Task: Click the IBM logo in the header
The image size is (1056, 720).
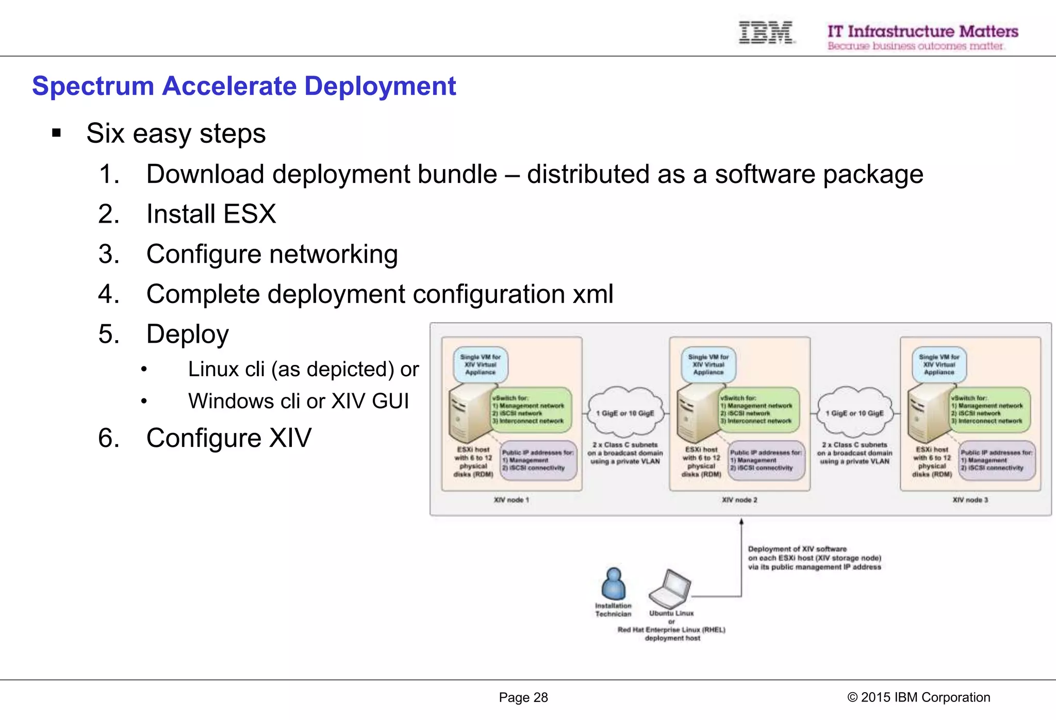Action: pos(766,32)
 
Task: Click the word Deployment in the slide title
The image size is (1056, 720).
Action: pos(380,86)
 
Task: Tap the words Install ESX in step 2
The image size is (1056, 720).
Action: pos(211,214)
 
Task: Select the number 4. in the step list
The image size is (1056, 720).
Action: pos(109,294)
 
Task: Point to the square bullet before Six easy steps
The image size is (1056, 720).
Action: pos(57,134)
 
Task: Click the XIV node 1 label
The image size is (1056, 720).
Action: pos(511,500)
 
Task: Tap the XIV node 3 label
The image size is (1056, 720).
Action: pos(970,500)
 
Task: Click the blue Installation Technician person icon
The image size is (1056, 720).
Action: pos(613,584)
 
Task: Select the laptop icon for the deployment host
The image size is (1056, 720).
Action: pos(670,589)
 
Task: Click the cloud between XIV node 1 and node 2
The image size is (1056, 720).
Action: pos(625,413)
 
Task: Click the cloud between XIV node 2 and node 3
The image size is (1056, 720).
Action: pos(854,413)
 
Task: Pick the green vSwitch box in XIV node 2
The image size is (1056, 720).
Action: pos(759,410)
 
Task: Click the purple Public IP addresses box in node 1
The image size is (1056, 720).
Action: pos(538,460)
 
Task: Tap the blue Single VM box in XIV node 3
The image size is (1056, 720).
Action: pos(939,364)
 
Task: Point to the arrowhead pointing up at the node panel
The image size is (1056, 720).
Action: pos(741,522)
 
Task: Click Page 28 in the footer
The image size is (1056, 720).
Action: pos(523,697)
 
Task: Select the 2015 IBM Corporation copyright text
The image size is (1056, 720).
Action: pos(918,697)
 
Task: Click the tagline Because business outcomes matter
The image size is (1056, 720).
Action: pos(915,46)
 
